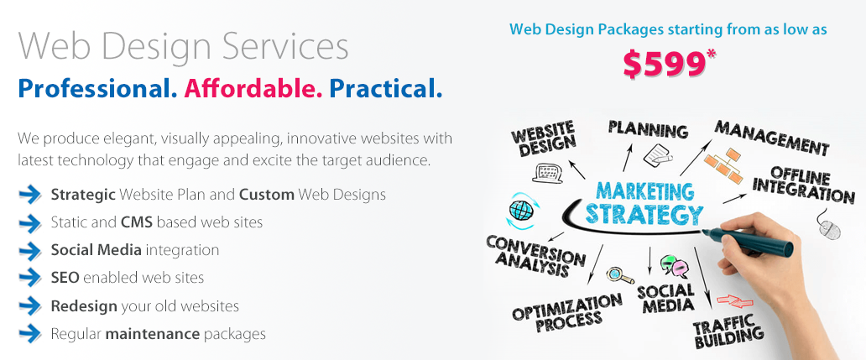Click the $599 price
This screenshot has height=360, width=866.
[665, 62]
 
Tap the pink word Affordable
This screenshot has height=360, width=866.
[253, 88]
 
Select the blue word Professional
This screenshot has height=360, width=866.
[97, 88]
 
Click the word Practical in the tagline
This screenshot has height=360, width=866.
[385, 88]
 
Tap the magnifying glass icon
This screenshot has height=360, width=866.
[619, 275]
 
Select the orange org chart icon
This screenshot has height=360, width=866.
[725, 164]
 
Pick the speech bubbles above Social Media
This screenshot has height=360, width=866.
[675, 266]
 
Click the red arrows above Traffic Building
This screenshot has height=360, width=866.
[734, 301]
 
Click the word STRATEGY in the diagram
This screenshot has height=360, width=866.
[644, 214]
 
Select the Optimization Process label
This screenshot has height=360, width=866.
[566, 313]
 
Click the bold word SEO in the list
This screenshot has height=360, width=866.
[65, 277]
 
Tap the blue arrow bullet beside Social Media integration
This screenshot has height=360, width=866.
[30, 250]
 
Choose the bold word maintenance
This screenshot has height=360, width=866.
[153, 333]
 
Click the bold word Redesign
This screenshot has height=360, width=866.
[84, 306]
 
